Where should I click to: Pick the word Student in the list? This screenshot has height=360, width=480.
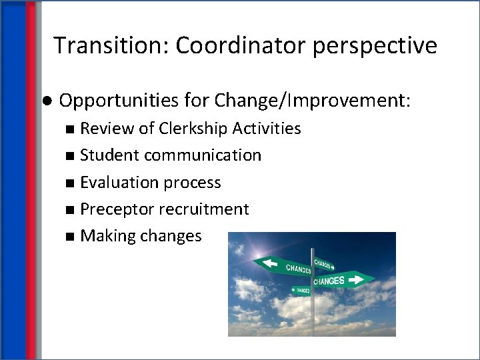(109, 155)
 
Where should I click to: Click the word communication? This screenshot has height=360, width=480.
(203, 155)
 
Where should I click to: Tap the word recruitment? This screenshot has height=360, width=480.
(204, 209)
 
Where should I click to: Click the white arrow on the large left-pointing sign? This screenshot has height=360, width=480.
(271, 263)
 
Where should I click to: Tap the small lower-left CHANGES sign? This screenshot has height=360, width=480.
(300, 290)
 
